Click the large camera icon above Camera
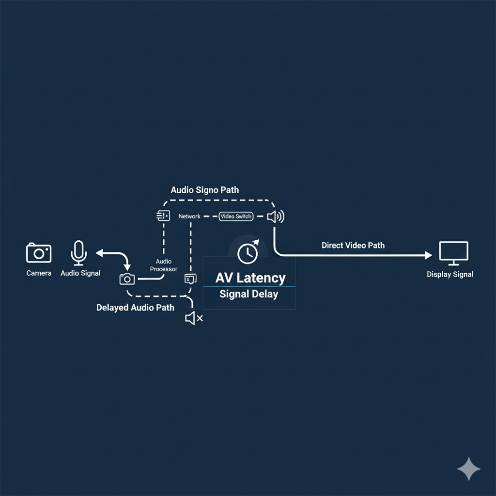[x=39, y=253]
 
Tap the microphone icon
[x=78, y=253]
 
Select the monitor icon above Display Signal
[x=453, y=253]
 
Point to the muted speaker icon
[x=194, y=318]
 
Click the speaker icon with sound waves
[x=276, y=217]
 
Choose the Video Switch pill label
[x=236, y=217]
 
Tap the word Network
[x=189, y=217]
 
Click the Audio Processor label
[x=164, y=265]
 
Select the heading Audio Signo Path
[x=205, y=190]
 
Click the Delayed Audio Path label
[x=135, y=308]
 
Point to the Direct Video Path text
[x=353, y=245]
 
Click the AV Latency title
[x=250, y=278]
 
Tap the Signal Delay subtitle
[x=248, y=294]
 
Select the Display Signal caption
[x=450, y=274]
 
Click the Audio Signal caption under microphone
[x=80, y=273]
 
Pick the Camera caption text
[x=39, y=273]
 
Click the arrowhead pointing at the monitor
[x=428, y=255]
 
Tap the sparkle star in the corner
[x=469, y=469]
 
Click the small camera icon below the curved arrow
[x=127, y=279]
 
